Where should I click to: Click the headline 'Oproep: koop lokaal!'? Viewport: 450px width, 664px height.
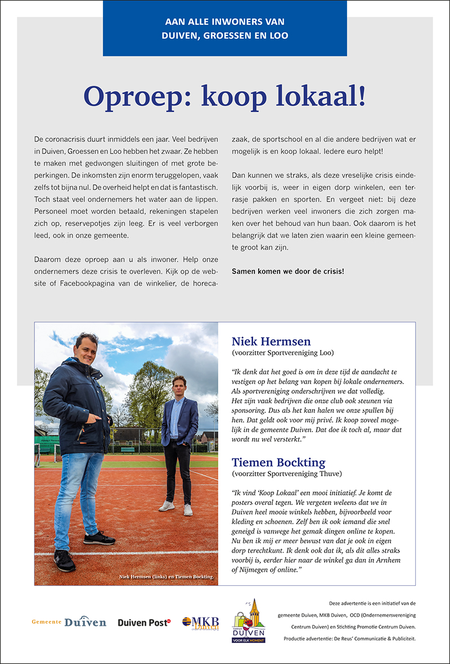point(224,97)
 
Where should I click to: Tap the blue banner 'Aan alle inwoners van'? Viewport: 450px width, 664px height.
point(224,22)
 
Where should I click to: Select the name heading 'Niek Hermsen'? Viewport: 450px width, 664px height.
point(271,342)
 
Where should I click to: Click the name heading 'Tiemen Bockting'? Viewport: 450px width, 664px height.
point(278,462)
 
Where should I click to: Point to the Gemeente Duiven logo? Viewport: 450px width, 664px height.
point(69,622)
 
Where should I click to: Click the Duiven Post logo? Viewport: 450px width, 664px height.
point(143,622)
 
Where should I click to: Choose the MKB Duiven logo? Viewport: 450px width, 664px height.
point(200,623)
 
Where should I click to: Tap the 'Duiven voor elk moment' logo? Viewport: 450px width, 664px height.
point(249,621)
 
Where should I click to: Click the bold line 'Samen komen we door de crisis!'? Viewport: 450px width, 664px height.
point(287,271)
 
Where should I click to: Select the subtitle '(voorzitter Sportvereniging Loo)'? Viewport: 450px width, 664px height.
point(283,353)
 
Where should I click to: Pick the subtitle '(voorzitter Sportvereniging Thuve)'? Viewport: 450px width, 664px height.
point(287,474)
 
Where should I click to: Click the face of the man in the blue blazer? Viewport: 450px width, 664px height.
point(179,386)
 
